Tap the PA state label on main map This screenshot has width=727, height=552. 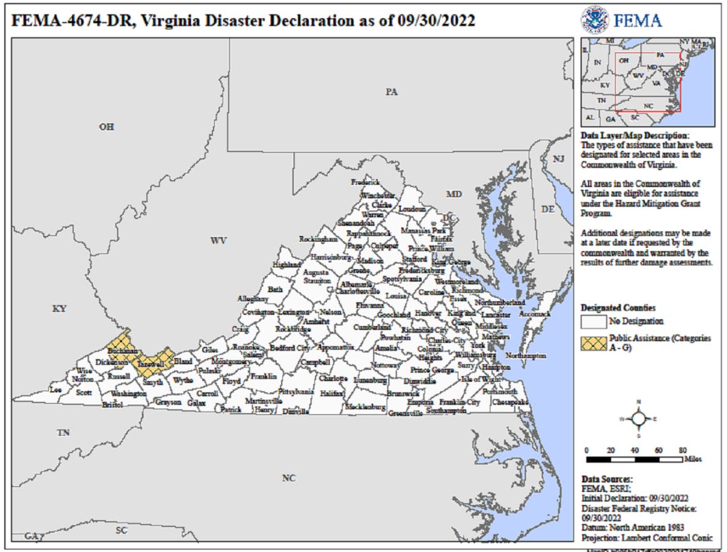pyautogui.click(x=391, y=92)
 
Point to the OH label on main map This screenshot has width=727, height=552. pyautogui.click(x=106, y=127)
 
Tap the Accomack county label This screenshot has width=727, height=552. pyautogui.click(x=535, y=314)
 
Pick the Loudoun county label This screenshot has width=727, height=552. pyautogui.click(x=411, y=209)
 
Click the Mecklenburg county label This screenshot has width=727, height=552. pyautogui.click(x=365, y=407)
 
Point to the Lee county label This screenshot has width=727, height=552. pyautogui.click(x=56, y=389)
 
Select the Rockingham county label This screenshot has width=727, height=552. pyautogui.click(x=318, y=240)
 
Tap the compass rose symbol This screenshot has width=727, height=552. pyautogui.click(x=638, y=418)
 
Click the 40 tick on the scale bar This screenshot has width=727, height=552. pyautogui.click(x=635, y=450)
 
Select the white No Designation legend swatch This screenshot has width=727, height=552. pyautogui.click(x=594, y=322)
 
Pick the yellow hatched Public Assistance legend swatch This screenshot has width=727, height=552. pyautogui.click(x=594, y=342)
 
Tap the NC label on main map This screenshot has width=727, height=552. pyautogui.click(x=288, y=478)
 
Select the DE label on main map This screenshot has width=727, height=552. pyautogui.click(x=547, y=209)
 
